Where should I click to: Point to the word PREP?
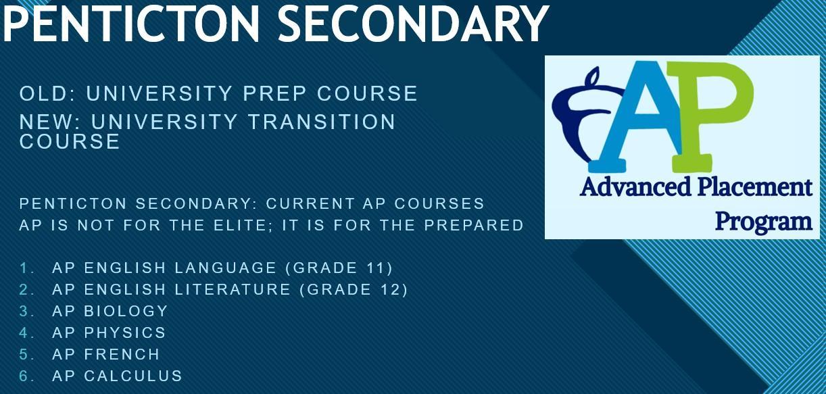tap(274, 93)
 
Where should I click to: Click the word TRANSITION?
tap(322, 122)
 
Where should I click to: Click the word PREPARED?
tap(474, 225)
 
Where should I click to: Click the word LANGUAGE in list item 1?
tap(225, 268)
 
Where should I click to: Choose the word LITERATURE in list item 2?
tap(233, 290)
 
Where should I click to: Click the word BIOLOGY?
tap(126, 312)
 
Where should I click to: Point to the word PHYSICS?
tap(125, 333)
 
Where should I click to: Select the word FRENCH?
tap(122, 355)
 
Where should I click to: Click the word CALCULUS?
tap(133, 376)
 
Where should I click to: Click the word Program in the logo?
tap(764, 222)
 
